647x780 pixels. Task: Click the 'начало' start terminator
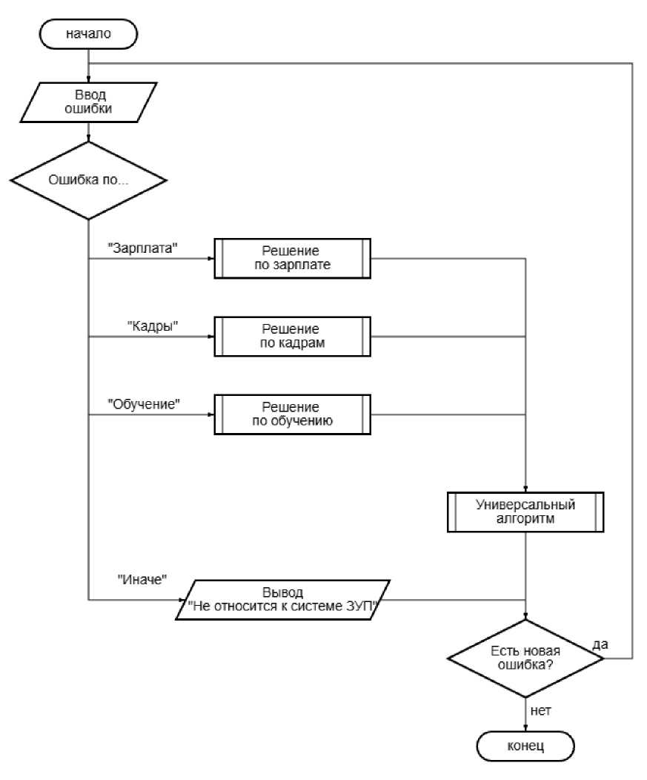(88, 34)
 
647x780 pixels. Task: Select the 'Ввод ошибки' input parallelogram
(88, 102)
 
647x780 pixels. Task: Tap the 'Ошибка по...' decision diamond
(88, 180)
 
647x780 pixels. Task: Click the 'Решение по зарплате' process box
(293, 258)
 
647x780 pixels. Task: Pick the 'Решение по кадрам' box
(293, 337)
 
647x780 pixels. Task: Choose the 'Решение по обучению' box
(293, 414)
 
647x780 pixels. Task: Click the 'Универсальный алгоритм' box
(525, 512)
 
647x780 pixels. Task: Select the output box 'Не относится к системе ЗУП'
(282, 600)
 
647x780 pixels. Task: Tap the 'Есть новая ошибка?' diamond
(525, 658)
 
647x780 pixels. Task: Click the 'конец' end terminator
(525, 746)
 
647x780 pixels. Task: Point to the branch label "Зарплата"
(143, 248)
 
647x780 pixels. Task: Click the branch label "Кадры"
(153, 325)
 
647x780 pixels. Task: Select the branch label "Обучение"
(144, 404)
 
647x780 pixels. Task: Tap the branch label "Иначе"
(142, 580)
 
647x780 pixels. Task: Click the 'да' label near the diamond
(600, 644)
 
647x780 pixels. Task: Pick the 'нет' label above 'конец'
(540, 711)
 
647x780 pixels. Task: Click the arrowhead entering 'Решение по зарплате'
(211, 258)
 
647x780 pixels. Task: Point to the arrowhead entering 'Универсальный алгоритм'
(525, 489)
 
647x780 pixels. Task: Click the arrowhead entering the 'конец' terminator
(525, 728)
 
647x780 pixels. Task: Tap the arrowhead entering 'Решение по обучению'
(211, 414)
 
